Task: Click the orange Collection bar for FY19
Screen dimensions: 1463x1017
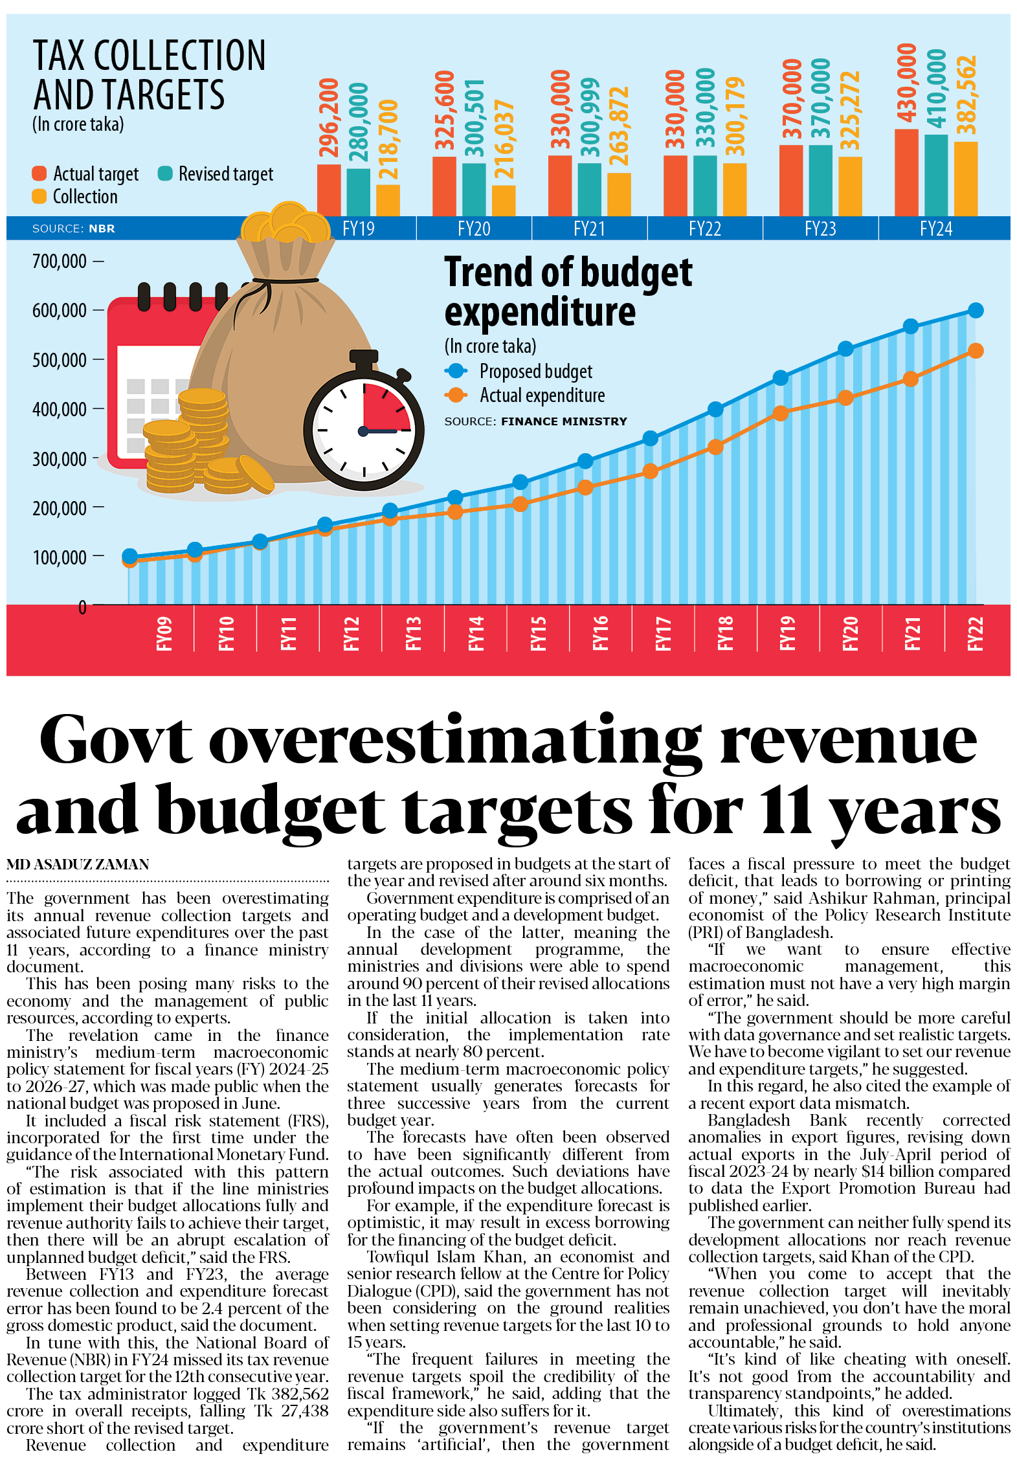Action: [x=388, y=200]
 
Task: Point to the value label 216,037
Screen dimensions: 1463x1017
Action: [x=504, y=139]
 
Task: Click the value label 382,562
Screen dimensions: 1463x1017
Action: [x=966, y=95]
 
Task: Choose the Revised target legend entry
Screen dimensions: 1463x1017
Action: [x=216, y=174]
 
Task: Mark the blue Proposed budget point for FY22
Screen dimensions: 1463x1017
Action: [x=975, y=311]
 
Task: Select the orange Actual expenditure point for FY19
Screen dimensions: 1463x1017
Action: [x=781, y=413]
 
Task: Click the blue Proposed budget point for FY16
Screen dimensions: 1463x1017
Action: [x=585, y=461]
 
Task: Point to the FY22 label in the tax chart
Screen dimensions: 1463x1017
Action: [x=704, y=229]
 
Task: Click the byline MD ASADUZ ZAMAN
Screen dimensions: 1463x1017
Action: [x=78, y=864]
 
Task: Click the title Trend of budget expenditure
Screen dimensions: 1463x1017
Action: [x=567, y=291]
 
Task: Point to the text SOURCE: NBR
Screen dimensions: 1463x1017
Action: [x=73, y=229]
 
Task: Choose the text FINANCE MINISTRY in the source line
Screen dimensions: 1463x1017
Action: [x=564, y=421]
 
